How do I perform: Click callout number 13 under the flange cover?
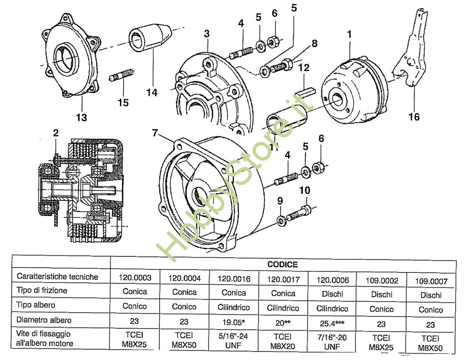pos(82,117)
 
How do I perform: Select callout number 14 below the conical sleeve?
pos(151,92)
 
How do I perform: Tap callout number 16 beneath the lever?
pos(414,116)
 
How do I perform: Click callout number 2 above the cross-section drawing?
pos(55,133)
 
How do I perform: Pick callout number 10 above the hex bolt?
pos(305,190)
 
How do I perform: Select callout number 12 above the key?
pos(304,68)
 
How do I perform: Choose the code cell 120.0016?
pos(234,279)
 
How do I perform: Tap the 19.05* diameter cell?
pos(234,323)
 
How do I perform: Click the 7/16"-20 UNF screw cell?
pos(332,343)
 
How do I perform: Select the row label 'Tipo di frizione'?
pos(42,290)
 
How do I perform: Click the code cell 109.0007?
pos(430,281)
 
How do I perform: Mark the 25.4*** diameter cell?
pos(332,324)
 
